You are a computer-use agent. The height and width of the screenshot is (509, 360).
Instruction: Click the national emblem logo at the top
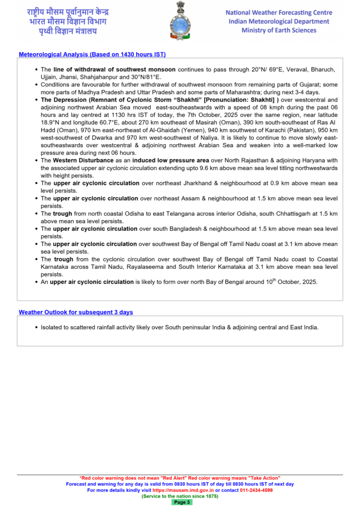click(x=180, y=20)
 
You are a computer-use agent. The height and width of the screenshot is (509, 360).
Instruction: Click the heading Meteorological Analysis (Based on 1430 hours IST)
click(x=92, y=54)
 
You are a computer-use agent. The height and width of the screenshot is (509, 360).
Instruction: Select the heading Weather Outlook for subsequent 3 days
click(x=76, y=312)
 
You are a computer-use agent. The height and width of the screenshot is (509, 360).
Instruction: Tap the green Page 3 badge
click(x=181, y=502)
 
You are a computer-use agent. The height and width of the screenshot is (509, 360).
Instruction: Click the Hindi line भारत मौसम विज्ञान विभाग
click(x=67, y=21)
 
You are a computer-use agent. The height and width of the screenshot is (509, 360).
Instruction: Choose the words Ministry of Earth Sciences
click(x=278, y=30)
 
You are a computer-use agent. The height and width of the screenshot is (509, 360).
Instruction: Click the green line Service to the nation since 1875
click(x=180, y=496)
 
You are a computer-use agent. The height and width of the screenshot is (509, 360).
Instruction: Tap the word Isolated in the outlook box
click(x=52, y=328)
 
